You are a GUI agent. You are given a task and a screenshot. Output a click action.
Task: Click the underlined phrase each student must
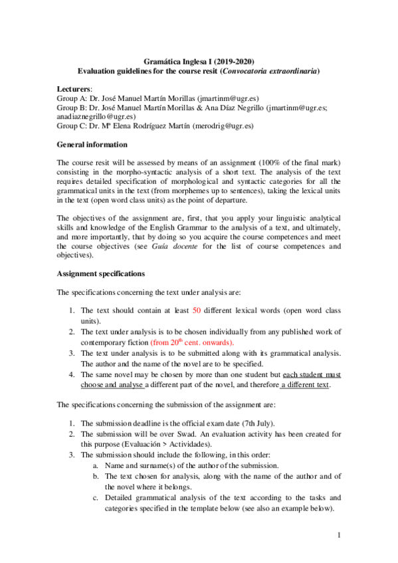pyautogui.click(x=312, y=374)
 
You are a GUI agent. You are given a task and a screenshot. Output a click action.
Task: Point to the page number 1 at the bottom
pyautogui.click(x=338, y=535)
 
